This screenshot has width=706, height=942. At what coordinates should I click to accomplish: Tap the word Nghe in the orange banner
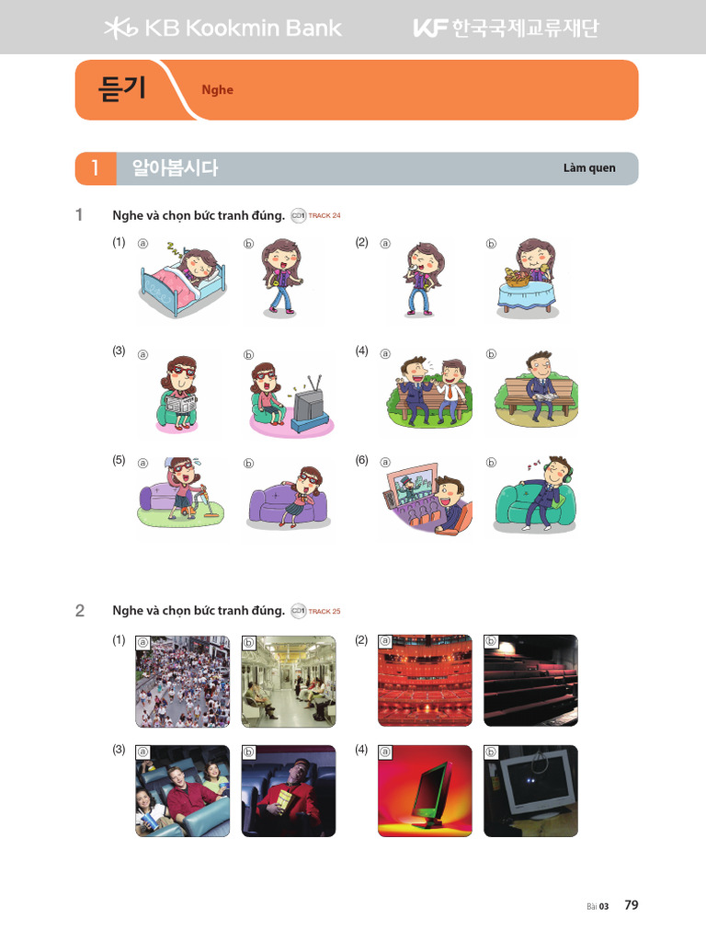point(218,90)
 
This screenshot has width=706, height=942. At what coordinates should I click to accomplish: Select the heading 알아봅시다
point(175,168)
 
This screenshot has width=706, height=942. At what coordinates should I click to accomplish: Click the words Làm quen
point(589,168)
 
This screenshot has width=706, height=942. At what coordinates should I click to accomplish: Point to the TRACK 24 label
point(324,215)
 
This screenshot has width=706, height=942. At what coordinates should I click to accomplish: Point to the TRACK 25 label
point(324,611)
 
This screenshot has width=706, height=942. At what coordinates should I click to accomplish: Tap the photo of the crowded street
point(182,681)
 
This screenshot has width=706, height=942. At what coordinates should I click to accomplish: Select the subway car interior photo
point(288,681)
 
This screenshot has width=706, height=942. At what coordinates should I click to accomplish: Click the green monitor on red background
point(424,791)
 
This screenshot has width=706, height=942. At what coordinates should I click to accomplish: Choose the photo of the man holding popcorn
point(288,791)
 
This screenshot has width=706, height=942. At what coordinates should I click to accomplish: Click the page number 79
point(631,905)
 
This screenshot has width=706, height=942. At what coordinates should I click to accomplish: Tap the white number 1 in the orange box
point(96,168)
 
